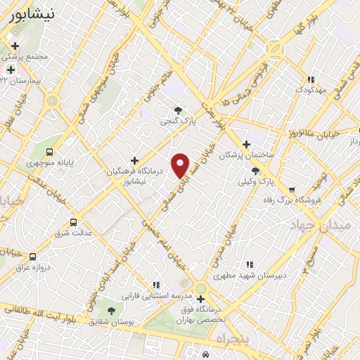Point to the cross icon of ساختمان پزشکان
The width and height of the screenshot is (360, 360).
pyautogui.click(x=246, y=143)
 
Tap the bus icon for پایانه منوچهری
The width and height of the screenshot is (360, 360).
pyautogui.click(x=49, y=152)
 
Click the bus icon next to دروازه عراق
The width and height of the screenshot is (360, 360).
pyautogui.click(x=33, y=257)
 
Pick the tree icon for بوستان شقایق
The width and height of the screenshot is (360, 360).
pyautogui.click(x=111, y=310)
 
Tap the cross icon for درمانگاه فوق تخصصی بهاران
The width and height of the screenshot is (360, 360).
pyautogui.click(x=200, y=299)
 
